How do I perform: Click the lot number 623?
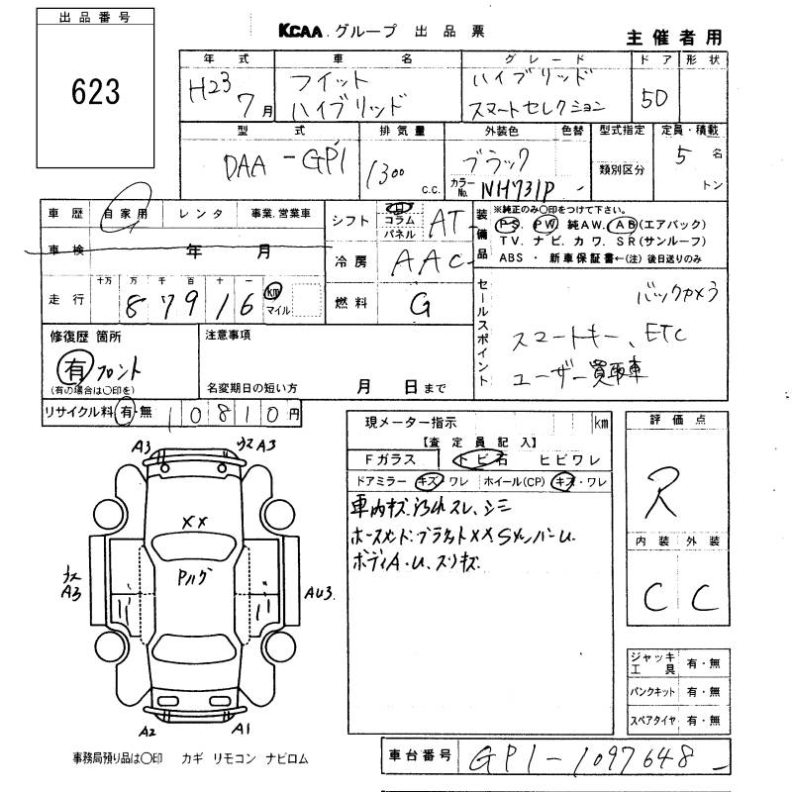(x=96, y=92)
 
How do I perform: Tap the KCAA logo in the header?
(x=295, y=32)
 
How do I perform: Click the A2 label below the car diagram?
(x=148, y=732)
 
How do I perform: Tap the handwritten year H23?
(x=212, y=91)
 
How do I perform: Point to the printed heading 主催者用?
(x=674, y=37)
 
